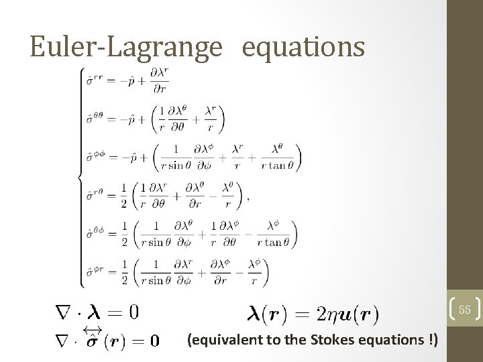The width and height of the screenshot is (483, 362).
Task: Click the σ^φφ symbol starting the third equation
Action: tap(95, 159)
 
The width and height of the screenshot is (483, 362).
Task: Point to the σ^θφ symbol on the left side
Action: tap(95, 234)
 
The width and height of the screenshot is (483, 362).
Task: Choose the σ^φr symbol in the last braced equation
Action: tap(95, 271)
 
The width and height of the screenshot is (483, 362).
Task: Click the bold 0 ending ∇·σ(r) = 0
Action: tap(154, 341)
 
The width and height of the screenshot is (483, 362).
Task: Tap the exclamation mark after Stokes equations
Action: tap(430, 340)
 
